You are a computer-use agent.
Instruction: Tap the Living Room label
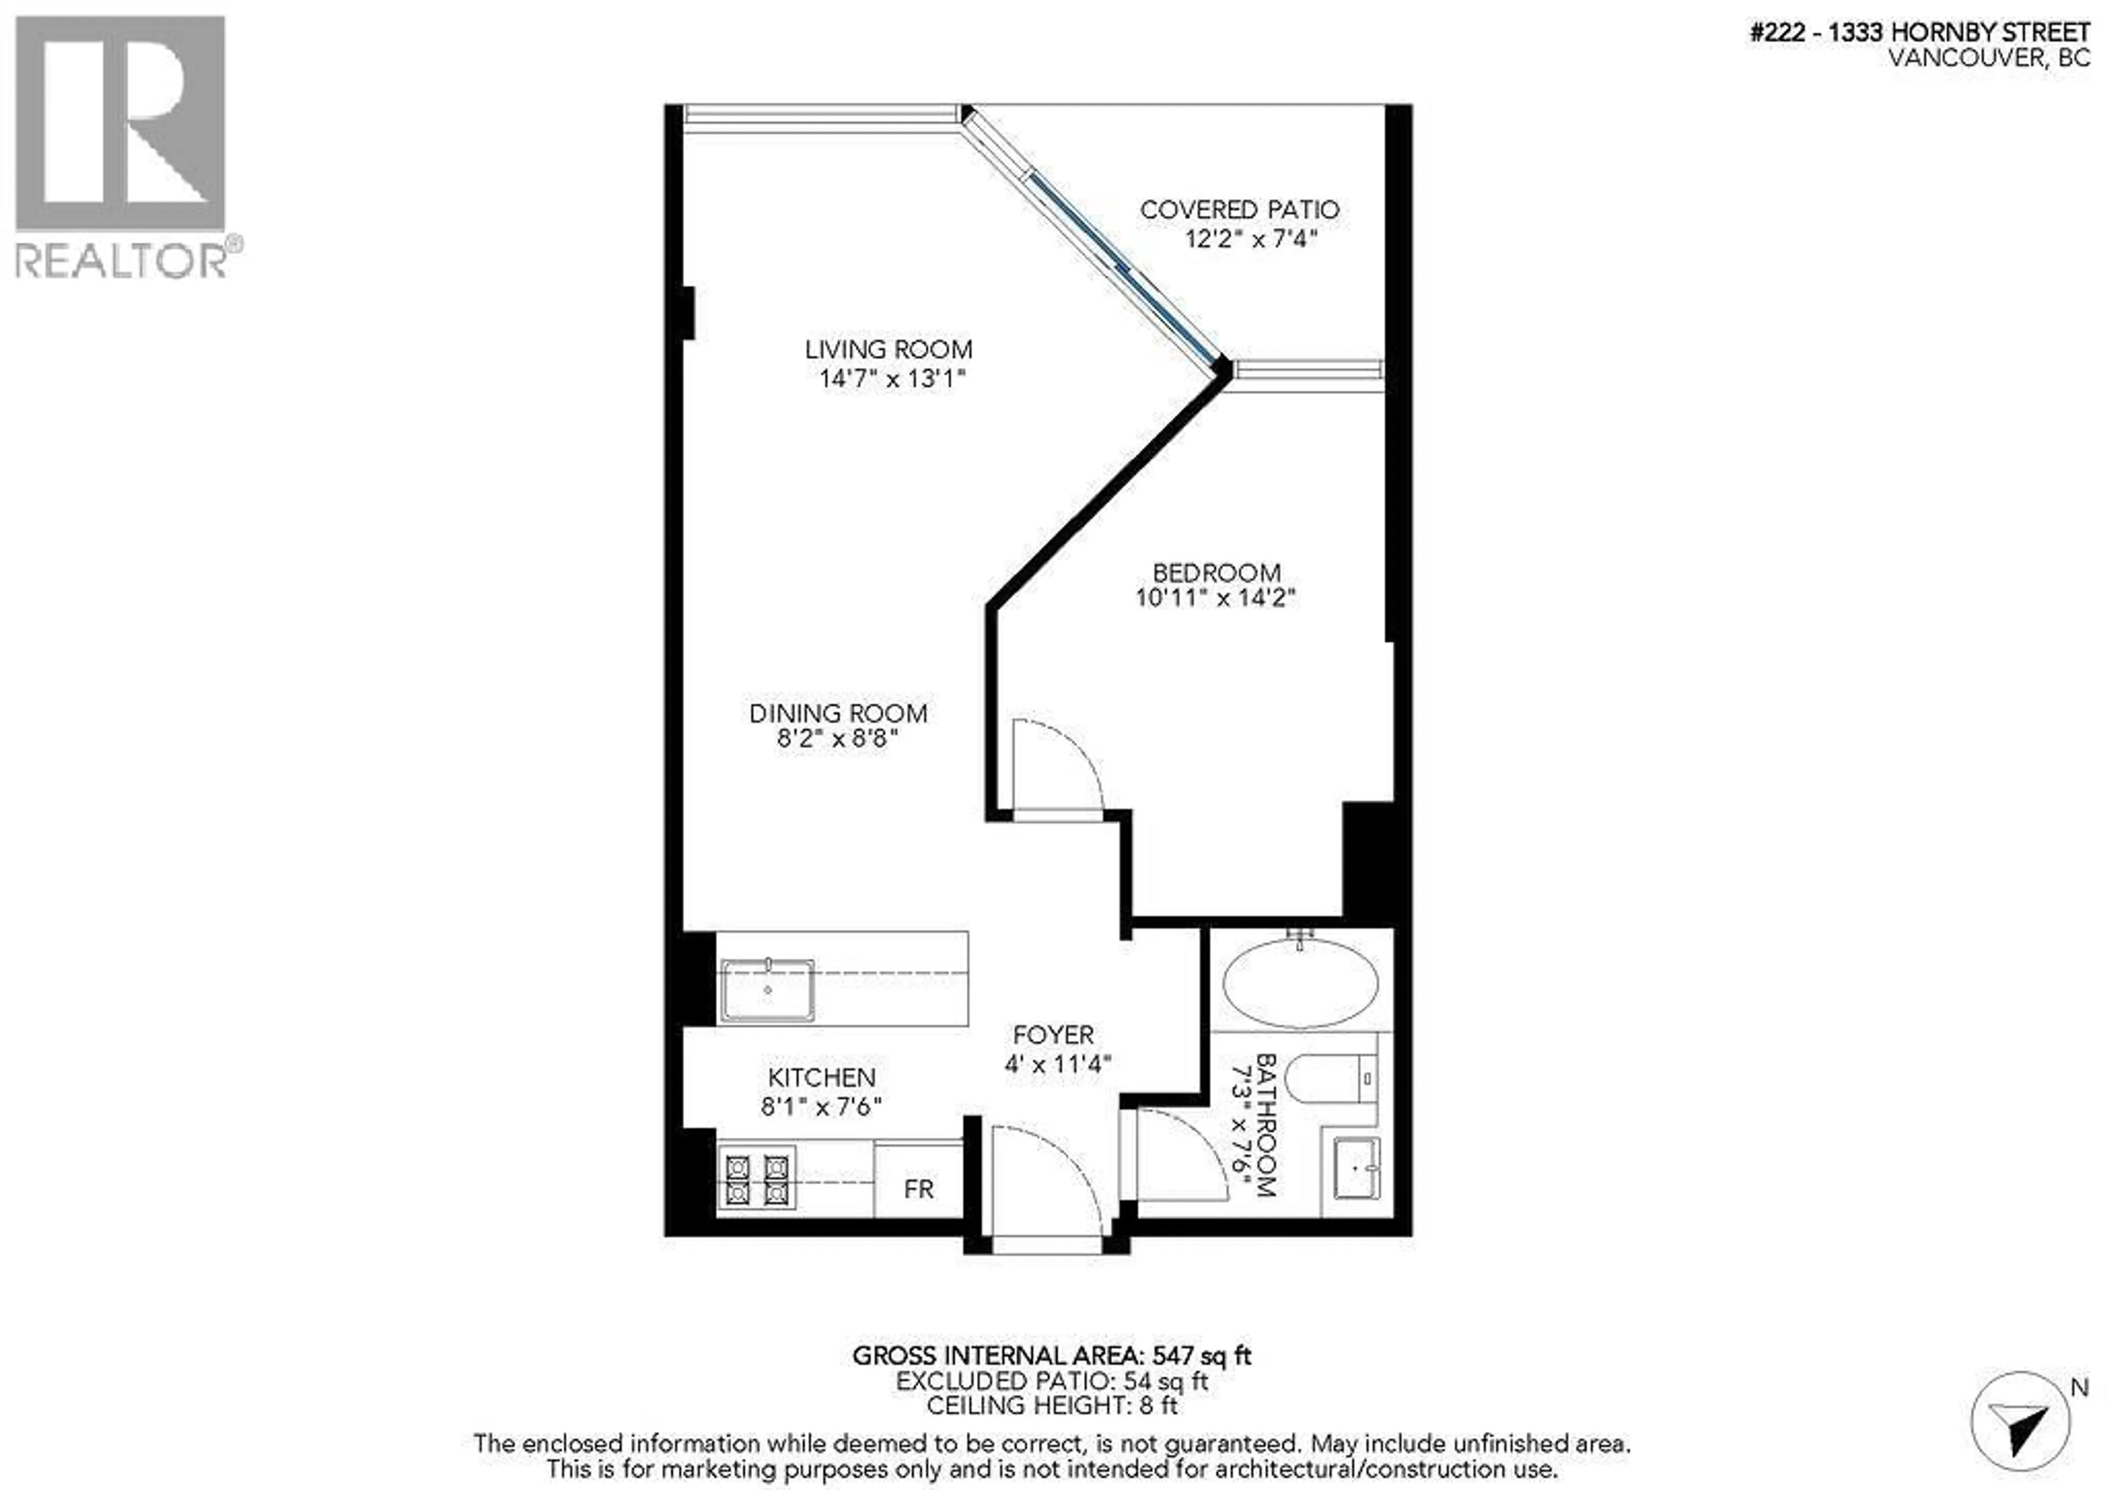tap(888, 350)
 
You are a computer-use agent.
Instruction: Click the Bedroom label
tap(1216, 573)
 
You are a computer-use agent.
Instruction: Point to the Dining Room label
tap(838, 713)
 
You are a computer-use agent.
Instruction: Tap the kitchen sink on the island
tap(767, 991)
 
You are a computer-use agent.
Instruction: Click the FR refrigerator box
tap(917, 1189)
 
